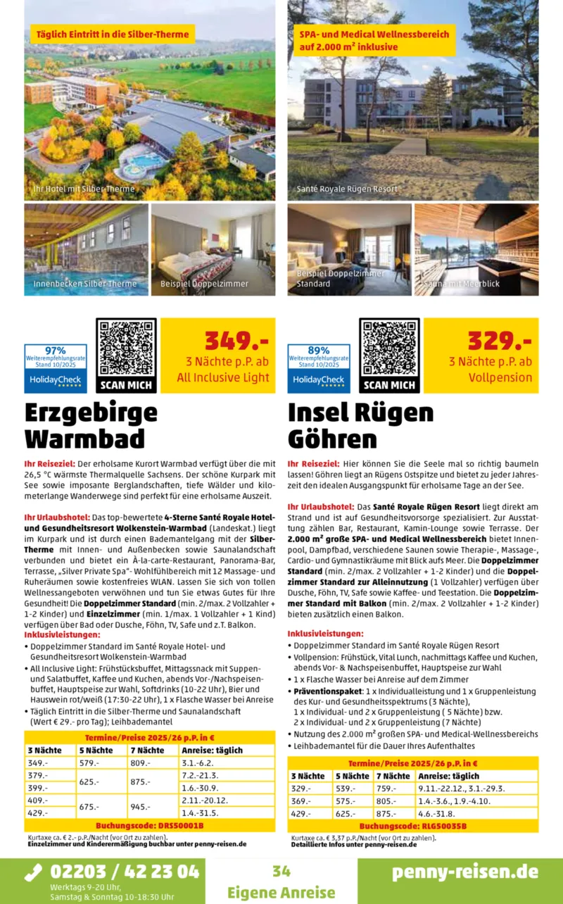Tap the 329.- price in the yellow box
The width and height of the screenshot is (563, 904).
tap(500, 341)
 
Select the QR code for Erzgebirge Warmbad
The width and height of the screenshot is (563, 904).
tap(127, 349)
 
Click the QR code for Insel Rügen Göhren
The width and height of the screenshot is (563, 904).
tap(389, 349)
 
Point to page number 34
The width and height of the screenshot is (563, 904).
tap(281, 871)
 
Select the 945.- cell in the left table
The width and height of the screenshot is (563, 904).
tap(141, 807)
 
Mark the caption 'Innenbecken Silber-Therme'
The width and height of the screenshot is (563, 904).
tap(84, 284)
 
